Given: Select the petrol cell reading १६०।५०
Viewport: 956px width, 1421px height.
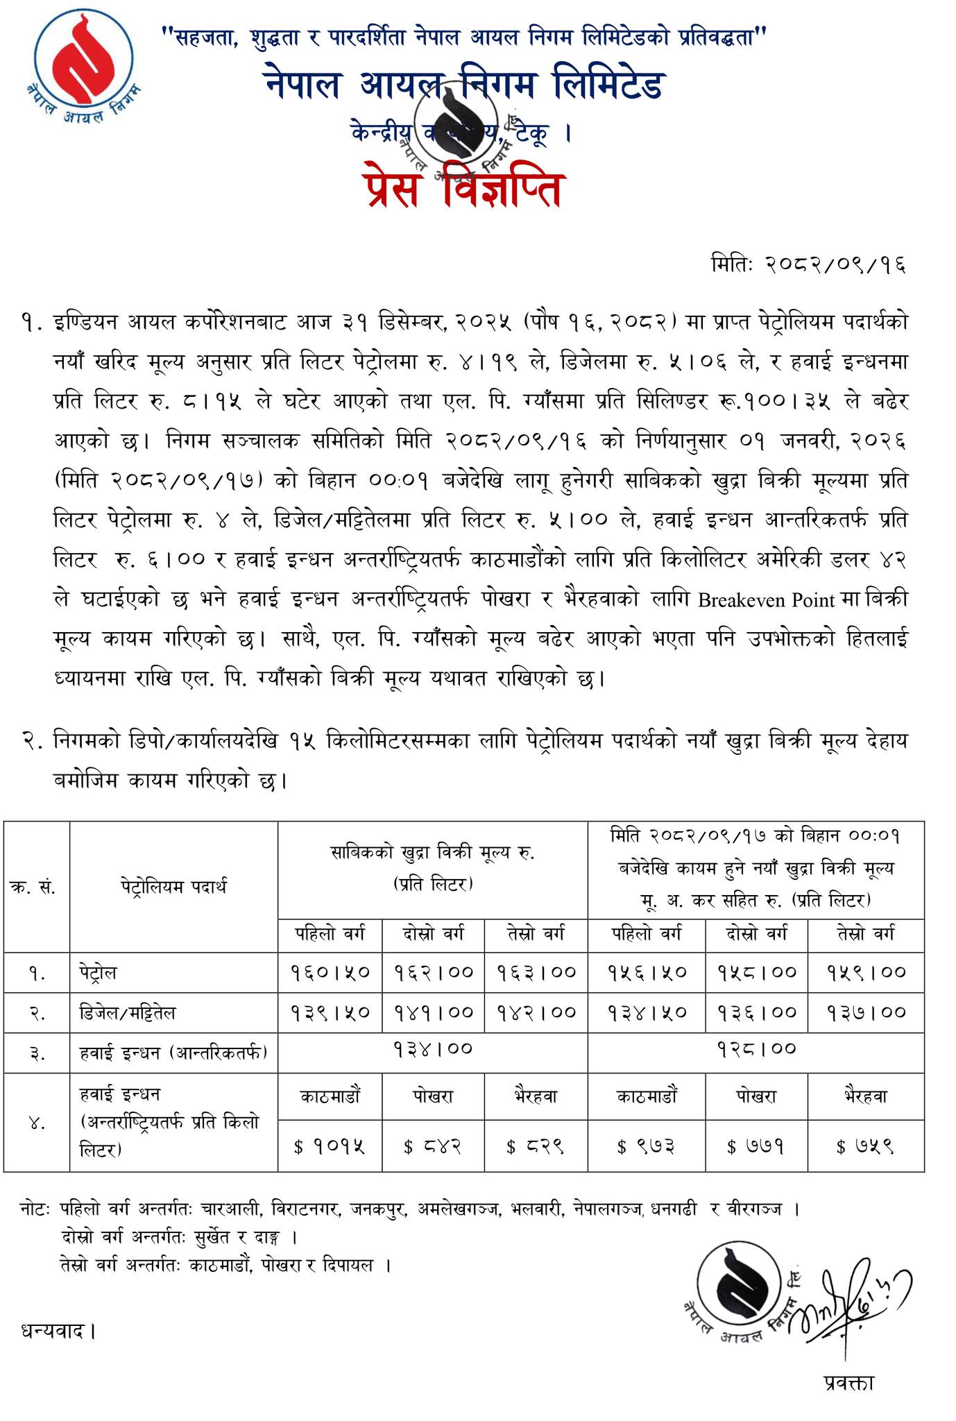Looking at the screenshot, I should click(x=330, y=973).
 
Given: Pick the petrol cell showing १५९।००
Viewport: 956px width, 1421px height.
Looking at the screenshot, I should click(x=867, y=973).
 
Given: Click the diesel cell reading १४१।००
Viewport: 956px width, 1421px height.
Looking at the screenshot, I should click(x=433, y=1013).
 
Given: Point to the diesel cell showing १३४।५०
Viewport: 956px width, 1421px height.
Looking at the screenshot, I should click(x=647, y=1013).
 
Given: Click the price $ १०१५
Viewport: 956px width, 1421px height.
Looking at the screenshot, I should click(x=330, y=1147).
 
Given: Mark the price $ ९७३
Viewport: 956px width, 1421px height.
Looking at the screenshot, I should click(x=646, y=1147).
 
